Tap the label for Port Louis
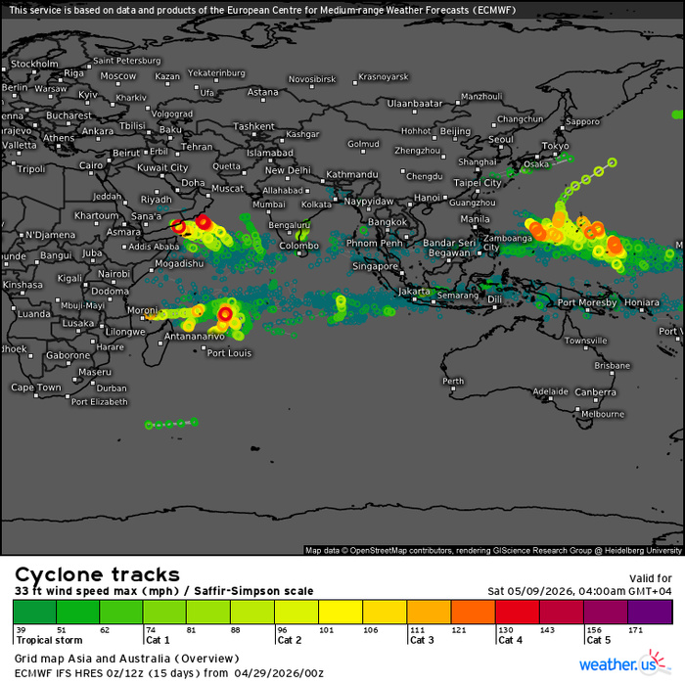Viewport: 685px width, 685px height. coord(225,353)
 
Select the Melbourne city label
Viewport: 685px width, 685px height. coord(602,414)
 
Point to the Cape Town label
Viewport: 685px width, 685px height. coord(36,388)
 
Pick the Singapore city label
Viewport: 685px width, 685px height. coord(377,266)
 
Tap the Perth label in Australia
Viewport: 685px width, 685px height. coord(453,381)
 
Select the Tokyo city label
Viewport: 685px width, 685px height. coord(555,146)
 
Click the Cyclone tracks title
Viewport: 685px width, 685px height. coord(97,574)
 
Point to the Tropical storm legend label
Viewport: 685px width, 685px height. coord(41,640)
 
